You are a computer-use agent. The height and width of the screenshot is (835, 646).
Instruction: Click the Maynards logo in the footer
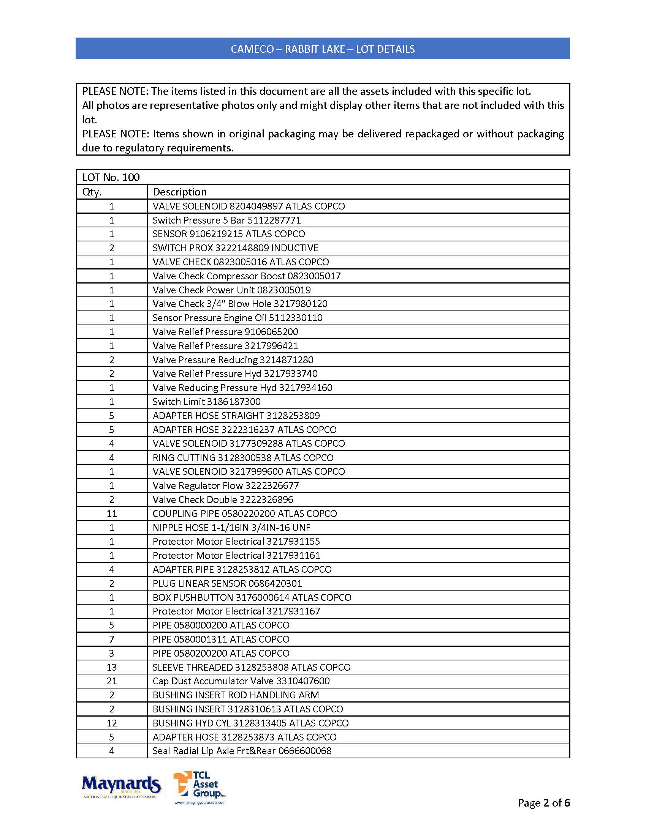pyautogui.click(x=121, y=786)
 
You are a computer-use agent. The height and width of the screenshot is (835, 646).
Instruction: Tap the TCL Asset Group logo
pyautogui.click(x=199, y=786)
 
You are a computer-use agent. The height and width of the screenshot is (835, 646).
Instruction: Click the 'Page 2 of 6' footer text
pyautogui.click(x=543, y=802)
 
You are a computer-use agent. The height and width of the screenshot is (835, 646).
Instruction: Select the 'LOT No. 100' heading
pyautogui.click(x=111, y=177)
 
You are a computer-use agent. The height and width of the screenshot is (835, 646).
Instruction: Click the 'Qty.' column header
pyautogui.click(x=92, y=192)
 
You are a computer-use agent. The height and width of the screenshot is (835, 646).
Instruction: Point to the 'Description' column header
pyautogui.click(x=179, y=192)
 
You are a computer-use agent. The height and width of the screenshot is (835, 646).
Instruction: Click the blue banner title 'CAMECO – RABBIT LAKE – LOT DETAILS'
pyautogui.click(x=323, y=49)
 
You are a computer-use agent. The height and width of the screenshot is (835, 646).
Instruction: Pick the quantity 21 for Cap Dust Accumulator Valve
pyautogui.click(x=112, y=681)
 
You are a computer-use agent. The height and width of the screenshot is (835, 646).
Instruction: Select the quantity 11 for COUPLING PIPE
pyautogui.click(x=112, y=514)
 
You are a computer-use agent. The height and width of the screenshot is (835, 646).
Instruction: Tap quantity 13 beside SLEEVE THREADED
pyautogui.click(x=112, y=667)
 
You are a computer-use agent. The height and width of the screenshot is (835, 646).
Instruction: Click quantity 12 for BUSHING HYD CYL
pyautogui.click(x=112, y=723)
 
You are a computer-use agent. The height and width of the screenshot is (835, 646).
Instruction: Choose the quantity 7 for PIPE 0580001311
pyautogui.click(x=112, y=639)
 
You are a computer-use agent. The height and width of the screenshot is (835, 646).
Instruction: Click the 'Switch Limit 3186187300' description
pyautogui.click(x=206, y=402)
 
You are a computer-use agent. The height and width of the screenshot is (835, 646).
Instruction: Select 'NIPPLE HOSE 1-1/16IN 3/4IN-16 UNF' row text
pyautogui.click(x=231, y=528)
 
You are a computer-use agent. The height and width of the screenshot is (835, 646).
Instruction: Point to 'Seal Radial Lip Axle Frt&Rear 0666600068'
pyautogui.click(x=242, y=751)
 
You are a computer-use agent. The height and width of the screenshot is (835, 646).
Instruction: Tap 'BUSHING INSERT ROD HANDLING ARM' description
pyautogui.click(x=235, y=695)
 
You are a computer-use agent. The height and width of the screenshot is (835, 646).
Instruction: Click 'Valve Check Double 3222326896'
pyautogui.click(x=223, y=500)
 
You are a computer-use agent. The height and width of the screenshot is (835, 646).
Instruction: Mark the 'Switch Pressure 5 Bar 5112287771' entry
pyautogui.click(x=226, y=220)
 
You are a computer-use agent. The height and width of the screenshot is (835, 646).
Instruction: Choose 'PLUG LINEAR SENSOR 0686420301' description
pyautogui.click(x=227, y=583)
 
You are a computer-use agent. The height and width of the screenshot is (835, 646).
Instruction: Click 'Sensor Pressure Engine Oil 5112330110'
pyautogui.click(x=237, y=318)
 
